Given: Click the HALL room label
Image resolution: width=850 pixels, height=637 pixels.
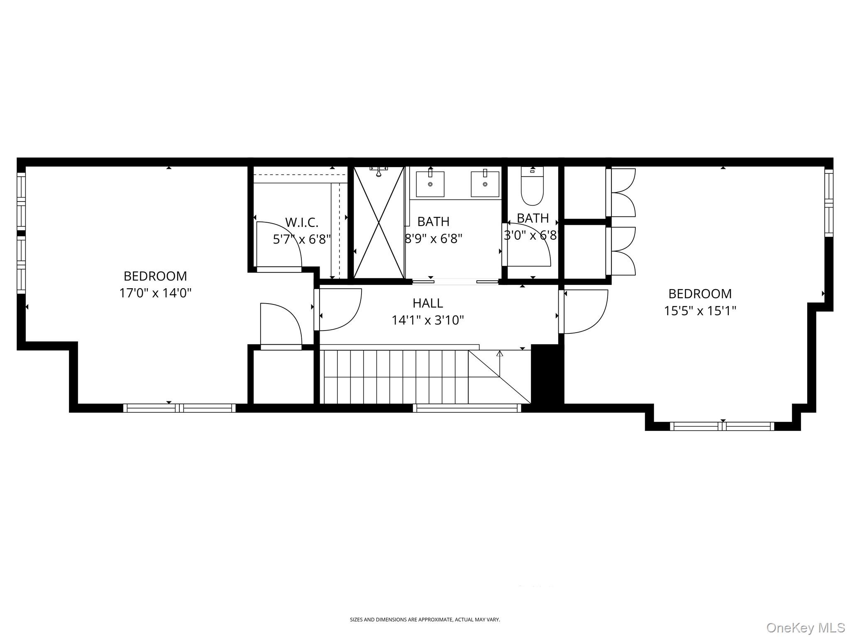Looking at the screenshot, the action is pos(428,303).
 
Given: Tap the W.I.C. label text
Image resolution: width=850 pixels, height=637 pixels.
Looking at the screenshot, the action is pos(302,223).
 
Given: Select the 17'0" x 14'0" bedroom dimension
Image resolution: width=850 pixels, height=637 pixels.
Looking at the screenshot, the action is pos(155,293).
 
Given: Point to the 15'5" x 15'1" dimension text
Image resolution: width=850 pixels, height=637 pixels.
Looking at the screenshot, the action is pos(700,311).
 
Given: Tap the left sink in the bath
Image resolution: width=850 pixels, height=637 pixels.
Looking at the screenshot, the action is pos(430,184).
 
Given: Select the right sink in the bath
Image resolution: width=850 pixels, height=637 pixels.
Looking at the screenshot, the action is pos(485,184).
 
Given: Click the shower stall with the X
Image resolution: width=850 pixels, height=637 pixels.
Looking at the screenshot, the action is pos(379,222).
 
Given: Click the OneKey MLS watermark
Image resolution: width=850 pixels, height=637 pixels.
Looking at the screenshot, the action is pos(806,627).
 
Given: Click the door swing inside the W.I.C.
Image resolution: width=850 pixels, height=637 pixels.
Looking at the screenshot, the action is pos(279,245).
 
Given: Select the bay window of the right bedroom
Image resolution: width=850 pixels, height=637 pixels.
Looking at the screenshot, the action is pos(722,426).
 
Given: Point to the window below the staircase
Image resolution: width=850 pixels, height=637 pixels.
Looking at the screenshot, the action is pos(467,408).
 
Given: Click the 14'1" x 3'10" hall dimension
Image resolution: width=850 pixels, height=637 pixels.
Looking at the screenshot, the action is pos(428,320).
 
